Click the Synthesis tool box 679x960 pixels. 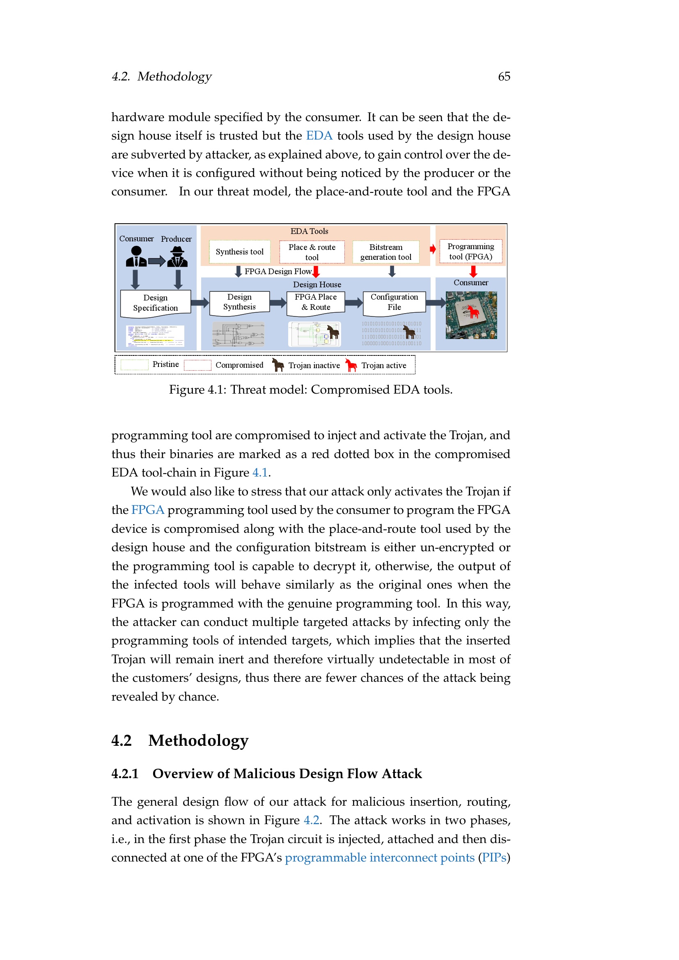point(239,252)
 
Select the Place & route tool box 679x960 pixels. point(312,252)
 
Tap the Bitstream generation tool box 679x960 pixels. point(385,252)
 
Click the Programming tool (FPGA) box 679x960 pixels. point(470,251)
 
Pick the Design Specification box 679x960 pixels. point(156,303)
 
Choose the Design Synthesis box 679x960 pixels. point(239,302)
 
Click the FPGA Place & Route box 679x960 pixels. point(316,302)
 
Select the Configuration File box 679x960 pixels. point(394,302)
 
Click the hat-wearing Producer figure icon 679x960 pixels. point(177,257)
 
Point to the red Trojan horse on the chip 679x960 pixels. point(473,312)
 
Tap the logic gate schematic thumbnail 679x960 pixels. point(239,334)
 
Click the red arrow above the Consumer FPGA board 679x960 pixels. point(473,271)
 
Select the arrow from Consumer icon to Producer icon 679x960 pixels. point(157,261)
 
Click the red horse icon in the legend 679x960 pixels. point(351,365)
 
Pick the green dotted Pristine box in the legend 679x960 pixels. point(134,364)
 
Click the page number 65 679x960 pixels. point(504,76)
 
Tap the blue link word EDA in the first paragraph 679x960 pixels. point(319,136)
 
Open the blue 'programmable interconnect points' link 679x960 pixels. point(379,857)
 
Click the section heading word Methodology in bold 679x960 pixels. point(198,740)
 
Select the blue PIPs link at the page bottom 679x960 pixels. point(494,857)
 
